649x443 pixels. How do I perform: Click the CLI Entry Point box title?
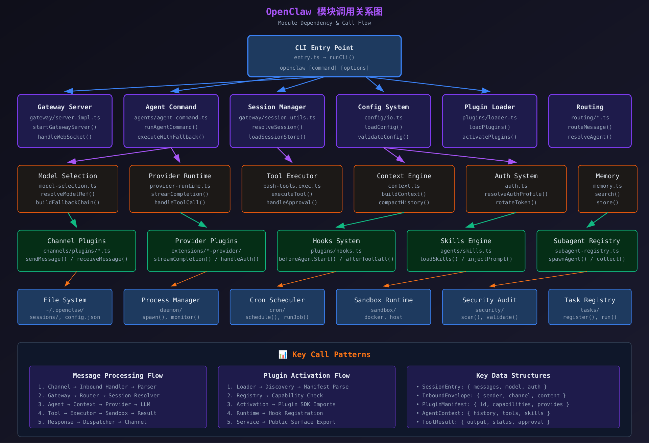324,48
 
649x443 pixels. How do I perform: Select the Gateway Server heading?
65,107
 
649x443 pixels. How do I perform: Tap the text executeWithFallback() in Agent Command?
171,137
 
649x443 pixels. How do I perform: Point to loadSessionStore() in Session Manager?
277,137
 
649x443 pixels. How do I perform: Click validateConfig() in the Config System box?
383,137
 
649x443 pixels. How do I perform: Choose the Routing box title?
590,107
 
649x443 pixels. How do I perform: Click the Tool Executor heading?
292,176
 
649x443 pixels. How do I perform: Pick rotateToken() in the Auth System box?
516,203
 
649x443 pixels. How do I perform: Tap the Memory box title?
607,176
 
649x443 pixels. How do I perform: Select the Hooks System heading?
336,241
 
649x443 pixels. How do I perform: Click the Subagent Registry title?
586,241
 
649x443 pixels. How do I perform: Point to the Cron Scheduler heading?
277,300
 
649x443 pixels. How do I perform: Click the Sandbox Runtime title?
383,300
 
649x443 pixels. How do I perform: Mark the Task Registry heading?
590,300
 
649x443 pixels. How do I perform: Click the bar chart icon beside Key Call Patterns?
283,354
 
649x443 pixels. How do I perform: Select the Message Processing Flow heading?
118,375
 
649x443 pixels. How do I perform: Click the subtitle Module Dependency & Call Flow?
324,23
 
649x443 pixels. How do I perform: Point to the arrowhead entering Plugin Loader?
486,91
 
